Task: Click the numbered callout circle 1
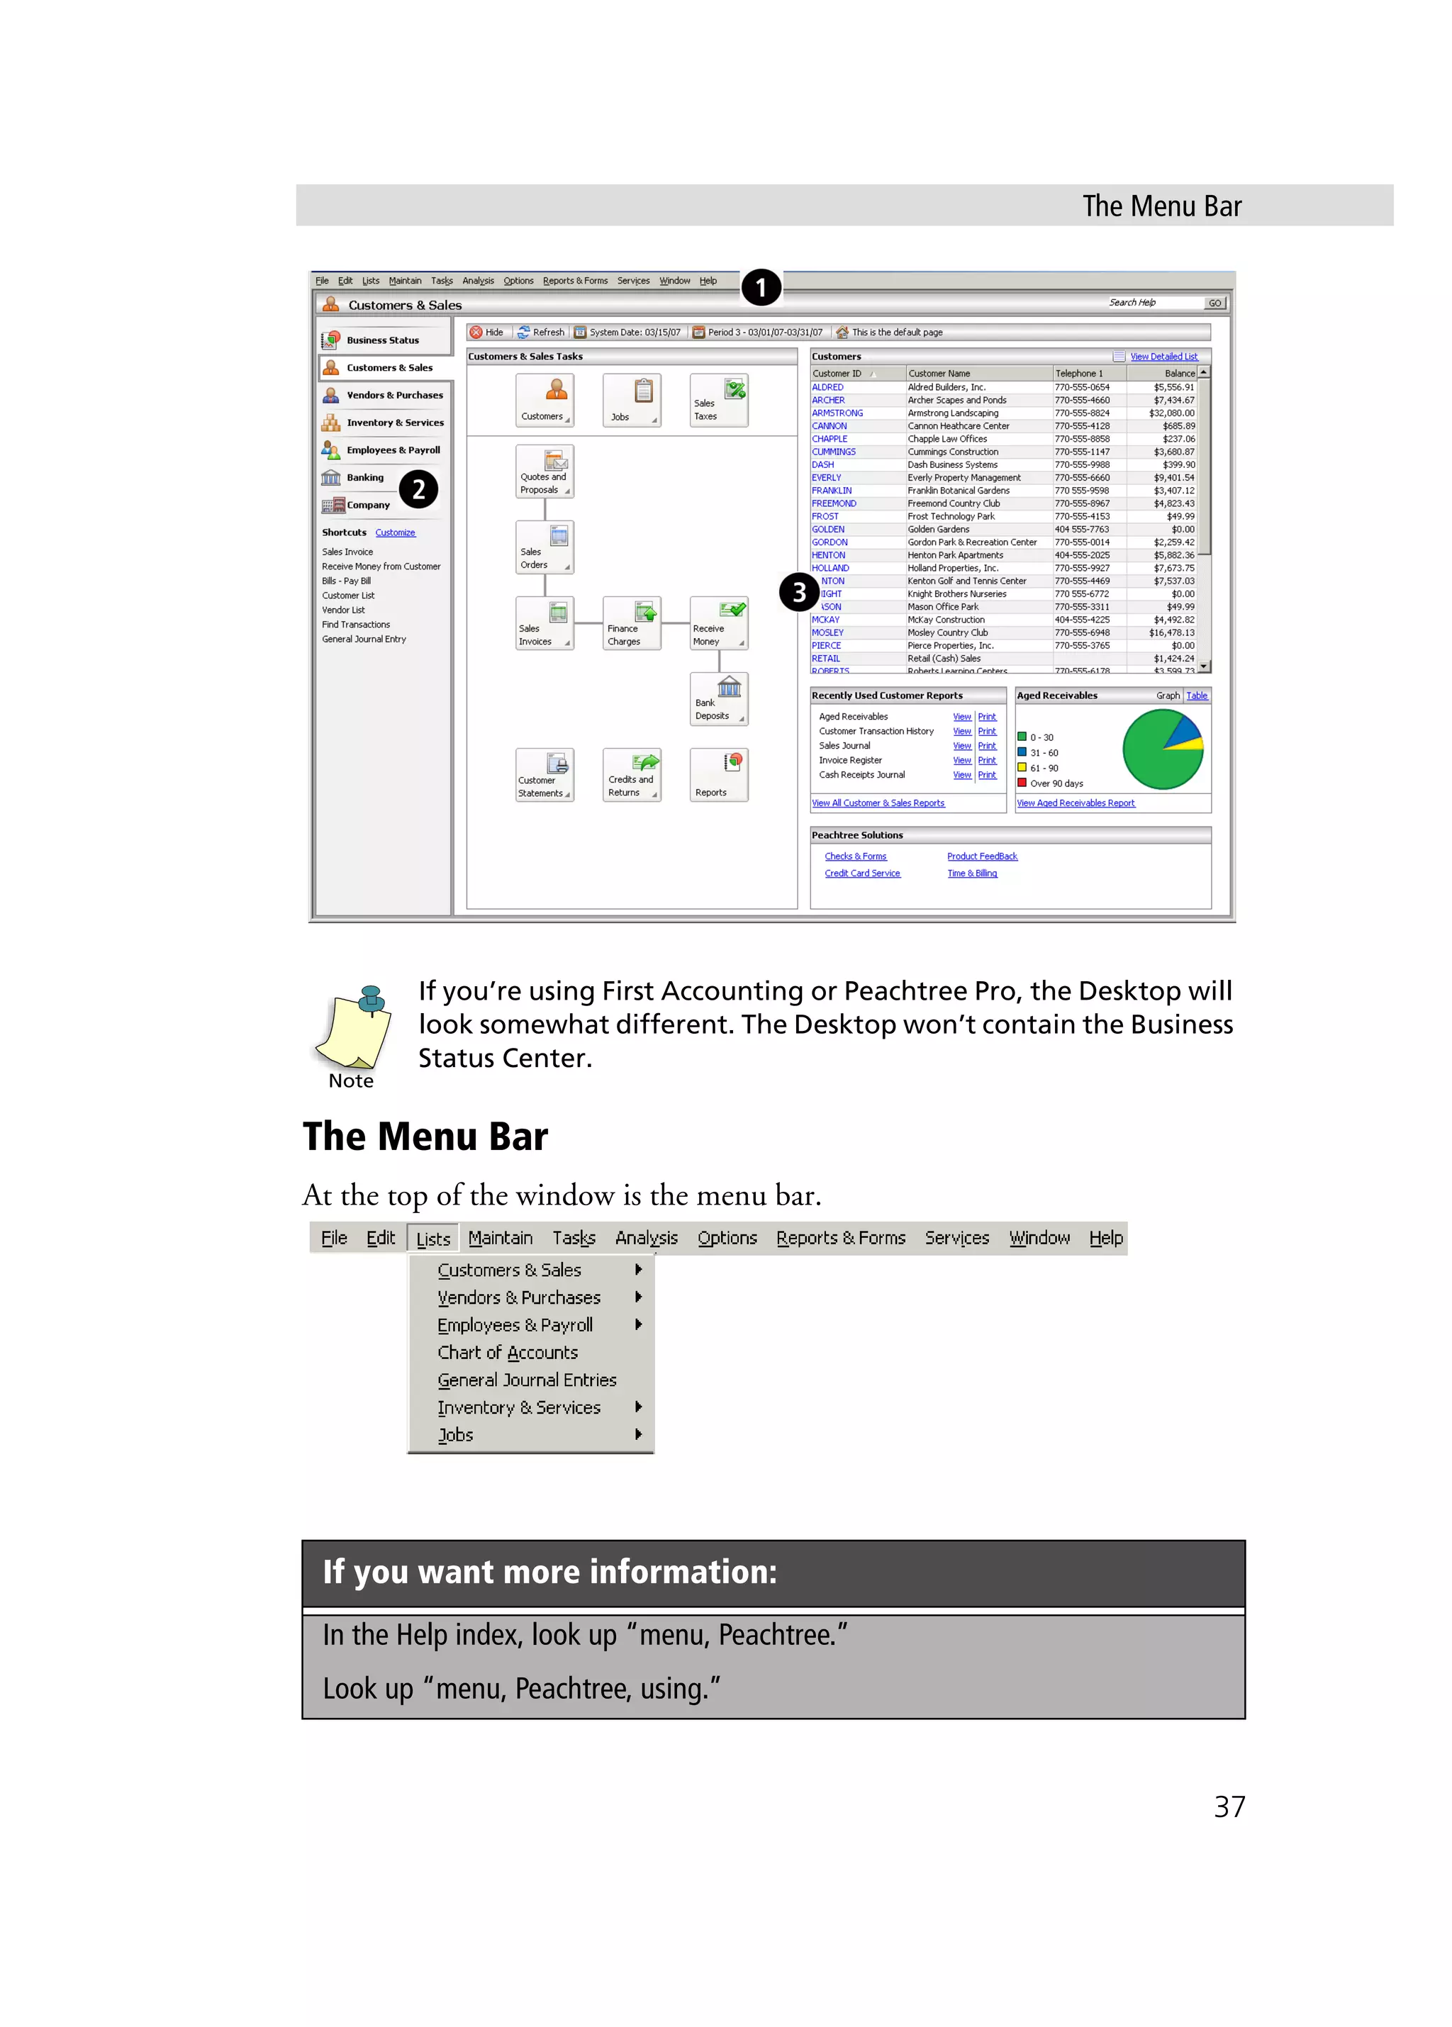click(x=761, y=288)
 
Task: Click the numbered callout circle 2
click(x=418, y=489)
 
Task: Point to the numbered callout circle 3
click(x=799, y=592)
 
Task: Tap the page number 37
click(x=1229, y=1807)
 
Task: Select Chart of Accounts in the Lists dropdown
click(x=508, y=1352)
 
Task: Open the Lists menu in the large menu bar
click(x=433, y=1239)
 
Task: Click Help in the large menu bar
click(x=1105, y=1238)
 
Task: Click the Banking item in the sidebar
click(x=364, y=477)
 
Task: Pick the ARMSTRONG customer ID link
click(x=837, y=413)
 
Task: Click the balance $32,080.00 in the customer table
click(x=1171, y=413)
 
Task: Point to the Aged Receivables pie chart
click(x=1163, y=749)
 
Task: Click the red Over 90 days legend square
click(x=1022, y=783)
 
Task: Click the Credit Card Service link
click(x=862, y=873)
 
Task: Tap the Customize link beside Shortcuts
click(x=395, y=532)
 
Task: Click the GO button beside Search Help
click(x=1214, y=303)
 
